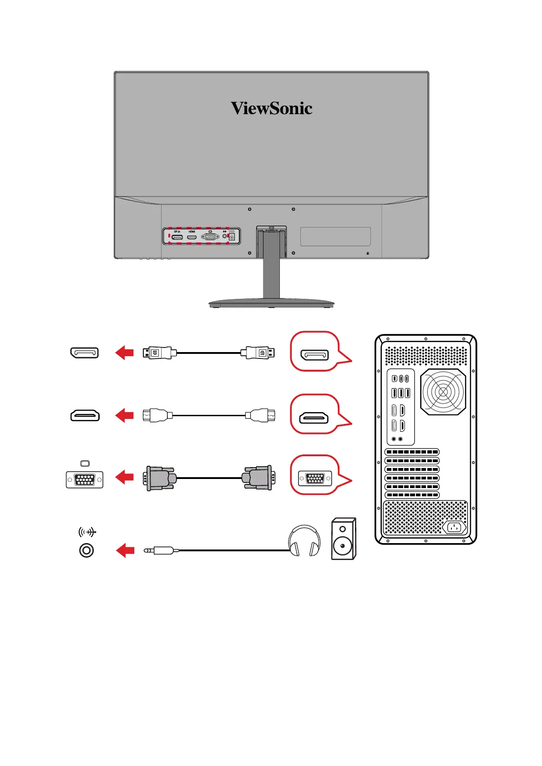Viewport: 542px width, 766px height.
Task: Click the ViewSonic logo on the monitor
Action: (271, 108)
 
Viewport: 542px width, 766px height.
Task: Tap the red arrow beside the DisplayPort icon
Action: (125, 353)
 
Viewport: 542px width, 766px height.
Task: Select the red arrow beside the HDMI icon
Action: (125, 415)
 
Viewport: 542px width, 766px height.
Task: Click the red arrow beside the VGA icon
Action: (125, 477)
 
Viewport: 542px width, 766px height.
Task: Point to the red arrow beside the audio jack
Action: (125, 551)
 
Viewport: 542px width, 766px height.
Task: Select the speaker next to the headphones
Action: (343, 539)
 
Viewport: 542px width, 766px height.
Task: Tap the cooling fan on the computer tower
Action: (443, 392)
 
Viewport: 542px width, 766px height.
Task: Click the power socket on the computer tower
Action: (454, 527)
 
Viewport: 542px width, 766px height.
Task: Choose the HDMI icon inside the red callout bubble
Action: (314, 418)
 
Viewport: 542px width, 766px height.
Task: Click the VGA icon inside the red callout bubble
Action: (315, 479)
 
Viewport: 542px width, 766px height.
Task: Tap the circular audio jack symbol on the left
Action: (86, 550)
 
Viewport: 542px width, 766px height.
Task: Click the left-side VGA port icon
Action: (85, 479)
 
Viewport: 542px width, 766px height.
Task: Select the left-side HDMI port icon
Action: (85, 415)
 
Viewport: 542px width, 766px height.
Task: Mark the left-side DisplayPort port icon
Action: (85, 353)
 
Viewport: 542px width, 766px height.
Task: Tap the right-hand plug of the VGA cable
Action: (258, 478)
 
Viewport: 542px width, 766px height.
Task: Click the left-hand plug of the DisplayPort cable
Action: (157, 353)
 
